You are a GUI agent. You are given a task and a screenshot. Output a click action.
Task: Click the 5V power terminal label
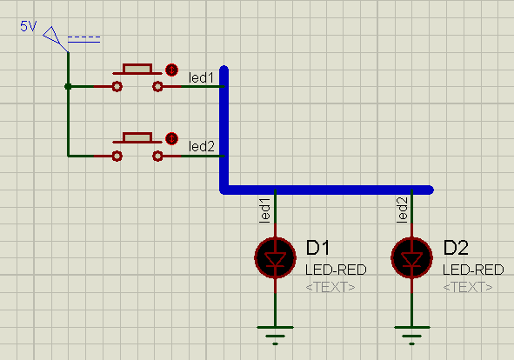point(28,26)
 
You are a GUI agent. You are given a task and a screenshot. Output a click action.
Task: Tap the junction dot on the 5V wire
point(68,86)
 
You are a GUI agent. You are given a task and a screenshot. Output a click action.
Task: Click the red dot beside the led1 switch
point(171,70)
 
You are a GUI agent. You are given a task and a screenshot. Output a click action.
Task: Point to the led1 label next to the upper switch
point(201,77)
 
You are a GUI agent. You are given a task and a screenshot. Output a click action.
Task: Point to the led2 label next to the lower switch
point(201,147)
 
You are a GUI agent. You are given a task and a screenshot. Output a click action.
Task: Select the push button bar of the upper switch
point(137,68)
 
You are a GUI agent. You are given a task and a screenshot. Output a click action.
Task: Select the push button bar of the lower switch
point(137,137)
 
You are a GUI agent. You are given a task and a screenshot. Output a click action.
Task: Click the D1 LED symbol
point(275,257)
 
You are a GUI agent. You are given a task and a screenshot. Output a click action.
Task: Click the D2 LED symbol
point(412,257)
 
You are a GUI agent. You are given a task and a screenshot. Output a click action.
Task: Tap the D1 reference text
point(318,249)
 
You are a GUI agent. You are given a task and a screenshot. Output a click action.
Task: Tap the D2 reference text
point(456,249)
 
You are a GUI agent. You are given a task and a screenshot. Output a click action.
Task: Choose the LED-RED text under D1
point(330,270)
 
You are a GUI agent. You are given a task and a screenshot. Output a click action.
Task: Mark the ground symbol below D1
point(275,330)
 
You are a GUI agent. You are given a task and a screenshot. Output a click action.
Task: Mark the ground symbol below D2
point(412,330)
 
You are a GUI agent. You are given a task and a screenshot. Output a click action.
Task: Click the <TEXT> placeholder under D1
point(330,286)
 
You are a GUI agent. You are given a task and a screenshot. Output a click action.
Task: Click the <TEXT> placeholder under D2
point(467,286)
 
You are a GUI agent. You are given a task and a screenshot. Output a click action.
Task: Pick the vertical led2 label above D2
point(403,210)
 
